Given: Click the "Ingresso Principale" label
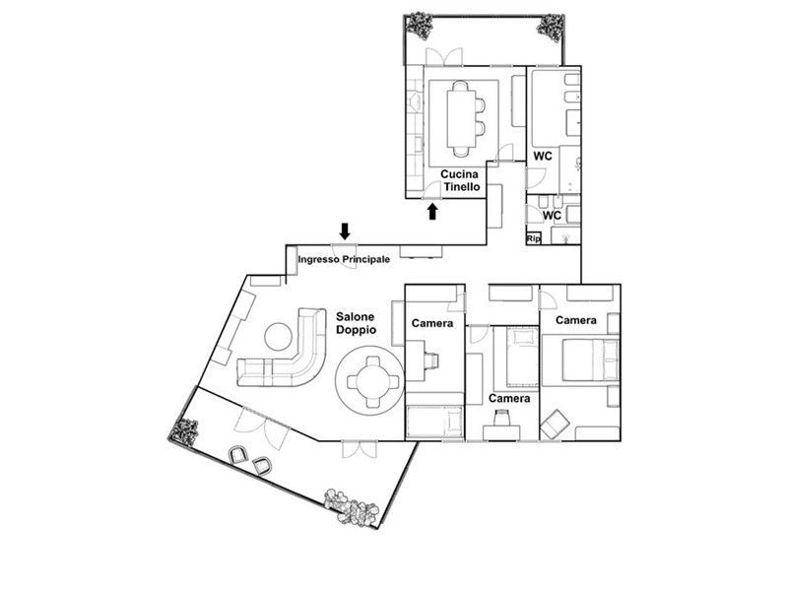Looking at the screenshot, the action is [344, 260].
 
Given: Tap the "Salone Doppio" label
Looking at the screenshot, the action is [356, 323].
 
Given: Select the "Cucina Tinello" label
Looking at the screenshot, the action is [460, 180].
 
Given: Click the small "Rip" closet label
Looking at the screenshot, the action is [534, 238].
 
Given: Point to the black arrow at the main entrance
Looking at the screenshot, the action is [345, 231].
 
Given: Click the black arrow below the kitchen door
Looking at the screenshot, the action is [432, 211].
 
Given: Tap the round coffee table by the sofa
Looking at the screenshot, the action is [279, 336].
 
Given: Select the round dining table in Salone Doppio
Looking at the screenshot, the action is [370, 380].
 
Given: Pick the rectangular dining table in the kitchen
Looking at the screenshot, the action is [461, 118].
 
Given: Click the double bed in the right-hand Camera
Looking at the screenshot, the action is [590, 359].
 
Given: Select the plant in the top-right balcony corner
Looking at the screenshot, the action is [551, 28].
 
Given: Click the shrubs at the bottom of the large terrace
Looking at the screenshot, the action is [352, 507].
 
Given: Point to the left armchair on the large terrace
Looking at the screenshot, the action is [238, 454].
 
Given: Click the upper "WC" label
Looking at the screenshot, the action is [543, 156].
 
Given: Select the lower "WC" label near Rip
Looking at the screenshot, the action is [552, 216].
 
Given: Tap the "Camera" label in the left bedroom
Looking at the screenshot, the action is [432, 323].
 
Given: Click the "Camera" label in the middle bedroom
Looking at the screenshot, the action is [509, 399].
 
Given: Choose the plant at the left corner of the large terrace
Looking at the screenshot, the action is [184, 431].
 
